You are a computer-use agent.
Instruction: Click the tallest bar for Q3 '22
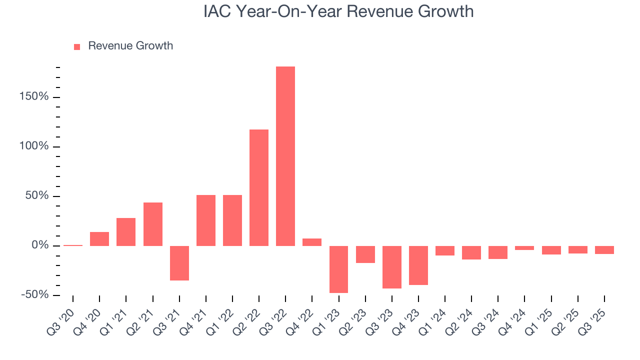pos(285,156)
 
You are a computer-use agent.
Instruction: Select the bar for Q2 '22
pos(259,187)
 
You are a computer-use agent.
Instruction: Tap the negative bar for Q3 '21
pos(179,263)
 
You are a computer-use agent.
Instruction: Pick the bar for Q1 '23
pos(338,269)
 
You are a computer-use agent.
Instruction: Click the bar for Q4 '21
pos(206,220)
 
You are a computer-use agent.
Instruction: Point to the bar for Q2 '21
pos(153,224)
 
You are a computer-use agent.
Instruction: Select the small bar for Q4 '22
pos(312,242)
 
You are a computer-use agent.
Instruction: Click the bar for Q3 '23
pos(392,267)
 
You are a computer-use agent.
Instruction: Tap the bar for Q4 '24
pos(524,248)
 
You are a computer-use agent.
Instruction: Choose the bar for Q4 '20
pos(99,239)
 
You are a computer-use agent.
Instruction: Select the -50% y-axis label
pos(35,295)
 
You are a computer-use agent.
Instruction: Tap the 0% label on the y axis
pos(40,245)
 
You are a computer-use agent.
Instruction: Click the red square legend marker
pos(77,46)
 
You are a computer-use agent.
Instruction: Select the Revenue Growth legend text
pos(130,46)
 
